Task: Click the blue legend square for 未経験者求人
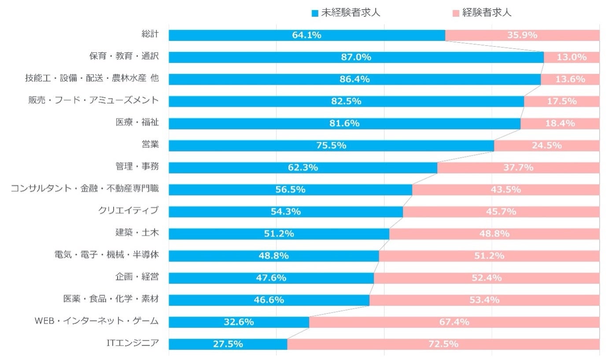(314, 13)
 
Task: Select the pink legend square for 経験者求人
(456, 13)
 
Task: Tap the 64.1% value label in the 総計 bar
(306, 35)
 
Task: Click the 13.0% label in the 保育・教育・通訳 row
(572, 57)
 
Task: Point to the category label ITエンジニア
(133, 343)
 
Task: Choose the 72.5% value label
(443, 344)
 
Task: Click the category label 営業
(150, 145)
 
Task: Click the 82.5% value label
(346, 101)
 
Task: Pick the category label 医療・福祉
(137, 123)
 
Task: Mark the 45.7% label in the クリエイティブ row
(501, 212)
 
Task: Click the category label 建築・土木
(137, 233)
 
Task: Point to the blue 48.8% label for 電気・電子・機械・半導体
(273, 256)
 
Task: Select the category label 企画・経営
(137, 277)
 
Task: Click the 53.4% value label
(484, 300)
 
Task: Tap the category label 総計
(150, 34)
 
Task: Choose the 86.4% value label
(354, 79)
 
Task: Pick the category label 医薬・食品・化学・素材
(111, 299)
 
